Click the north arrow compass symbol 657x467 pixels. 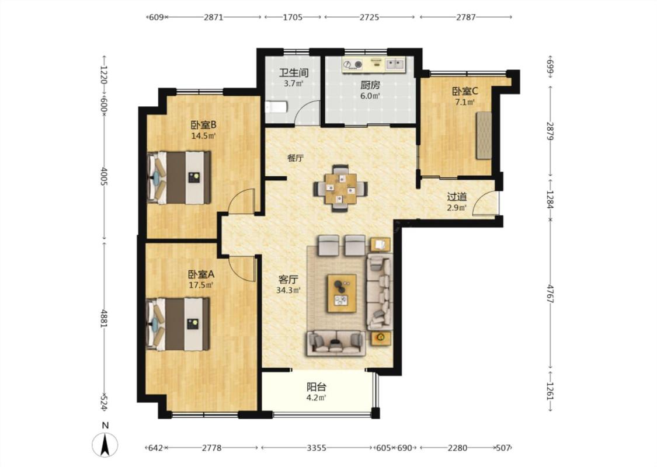tap(105, 444)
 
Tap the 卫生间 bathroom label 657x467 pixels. tap(294, 72)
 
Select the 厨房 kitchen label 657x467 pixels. tap(370, 85)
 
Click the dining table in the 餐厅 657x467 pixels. tap(340, 189)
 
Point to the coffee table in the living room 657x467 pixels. tap(342, 293)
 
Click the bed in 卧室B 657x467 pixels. tap(179, 177)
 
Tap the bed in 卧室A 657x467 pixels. tap(178, 324)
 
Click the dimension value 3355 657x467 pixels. tap(317, 448)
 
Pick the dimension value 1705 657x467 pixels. tap(293, 17)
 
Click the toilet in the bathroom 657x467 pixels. tap(276, 107)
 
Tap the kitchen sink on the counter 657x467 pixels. tap(395, 64)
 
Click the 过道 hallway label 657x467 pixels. tap(457, 197)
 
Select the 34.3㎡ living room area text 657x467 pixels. tap(288, 290)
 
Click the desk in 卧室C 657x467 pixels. tap(484, 135)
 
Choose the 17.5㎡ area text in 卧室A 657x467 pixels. tap(201, 285)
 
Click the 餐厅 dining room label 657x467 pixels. tap(296, 158)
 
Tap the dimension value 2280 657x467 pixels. tap(457, 448)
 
